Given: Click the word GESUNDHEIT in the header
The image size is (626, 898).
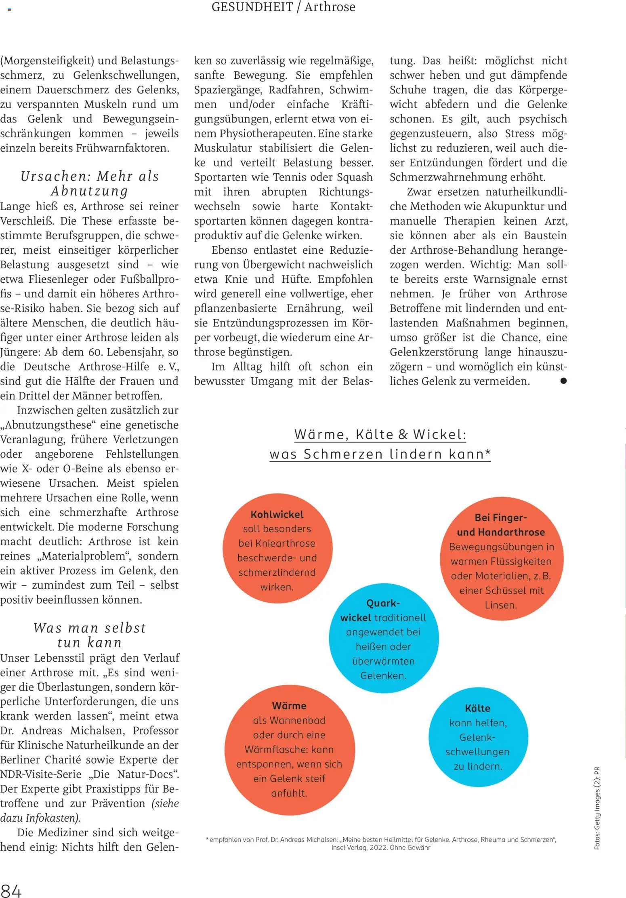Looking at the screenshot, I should point(252,7).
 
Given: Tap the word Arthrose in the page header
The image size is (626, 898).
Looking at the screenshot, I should point(330,7).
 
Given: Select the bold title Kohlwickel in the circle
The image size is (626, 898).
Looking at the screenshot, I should point(277,514).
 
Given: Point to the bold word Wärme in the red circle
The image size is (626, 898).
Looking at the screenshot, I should point(289,706).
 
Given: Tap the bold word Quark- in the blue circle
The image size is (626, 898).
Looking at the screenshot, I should point(383,603).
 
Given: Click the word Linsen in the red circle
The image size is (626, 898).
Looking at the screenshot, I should point(500,605).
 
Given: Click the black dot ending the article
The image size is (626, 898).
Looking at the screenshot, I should point(563,381).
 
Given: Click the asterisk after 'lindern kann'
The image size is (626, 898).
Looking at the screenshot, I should point(488,452).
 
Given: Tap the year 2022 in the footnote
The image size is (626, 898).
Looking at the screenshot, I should point(378,848).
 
